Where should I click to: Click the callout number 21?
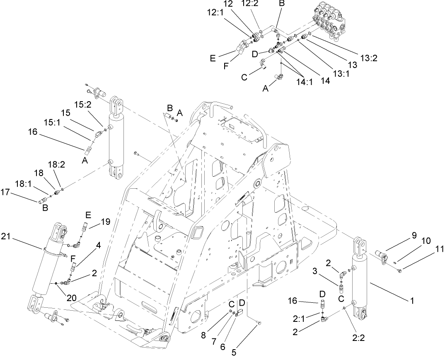[16, 237]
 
